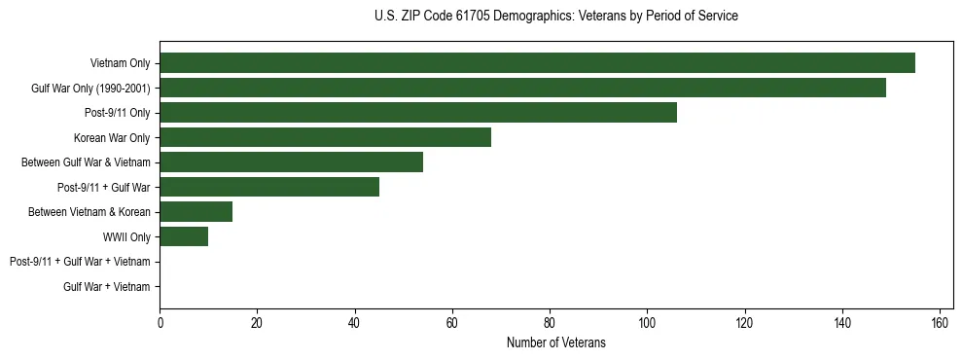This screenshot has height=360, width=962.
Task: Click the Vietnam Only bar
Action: [537, 63]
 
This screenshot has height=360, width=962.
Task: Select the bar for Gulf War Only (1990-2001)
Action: [522, 88]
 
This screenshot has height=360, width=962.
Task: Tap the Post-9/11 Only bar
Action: [418, 113]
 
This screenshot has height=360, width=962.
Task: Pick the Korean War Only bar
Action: [325, 137]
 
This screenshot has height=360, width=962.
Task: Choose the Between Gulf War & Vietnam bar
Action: [291, 162]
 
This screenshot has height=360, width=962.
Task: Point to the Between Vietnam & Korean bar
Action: [196, 212]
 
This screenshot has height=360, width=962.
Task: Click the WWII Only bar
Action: [184, 236]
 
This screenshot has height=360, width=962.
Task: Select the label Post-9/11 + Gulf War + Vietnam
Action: [80, 262]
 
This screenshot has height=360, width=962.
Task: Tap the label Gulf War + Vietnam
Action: [107, 286]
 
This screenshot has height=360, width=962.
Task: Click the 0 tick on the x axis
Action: [160, 323]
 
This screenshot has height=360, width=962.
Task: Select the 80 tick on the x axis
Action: [550, 323]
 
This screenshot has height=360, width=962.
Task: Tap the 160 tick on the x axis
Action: [940, 323]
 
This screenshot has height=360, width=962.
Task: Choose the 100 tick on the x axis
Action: [647, 323]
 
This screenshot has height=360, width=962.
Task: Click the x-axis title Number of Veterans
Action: [555, 342]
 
